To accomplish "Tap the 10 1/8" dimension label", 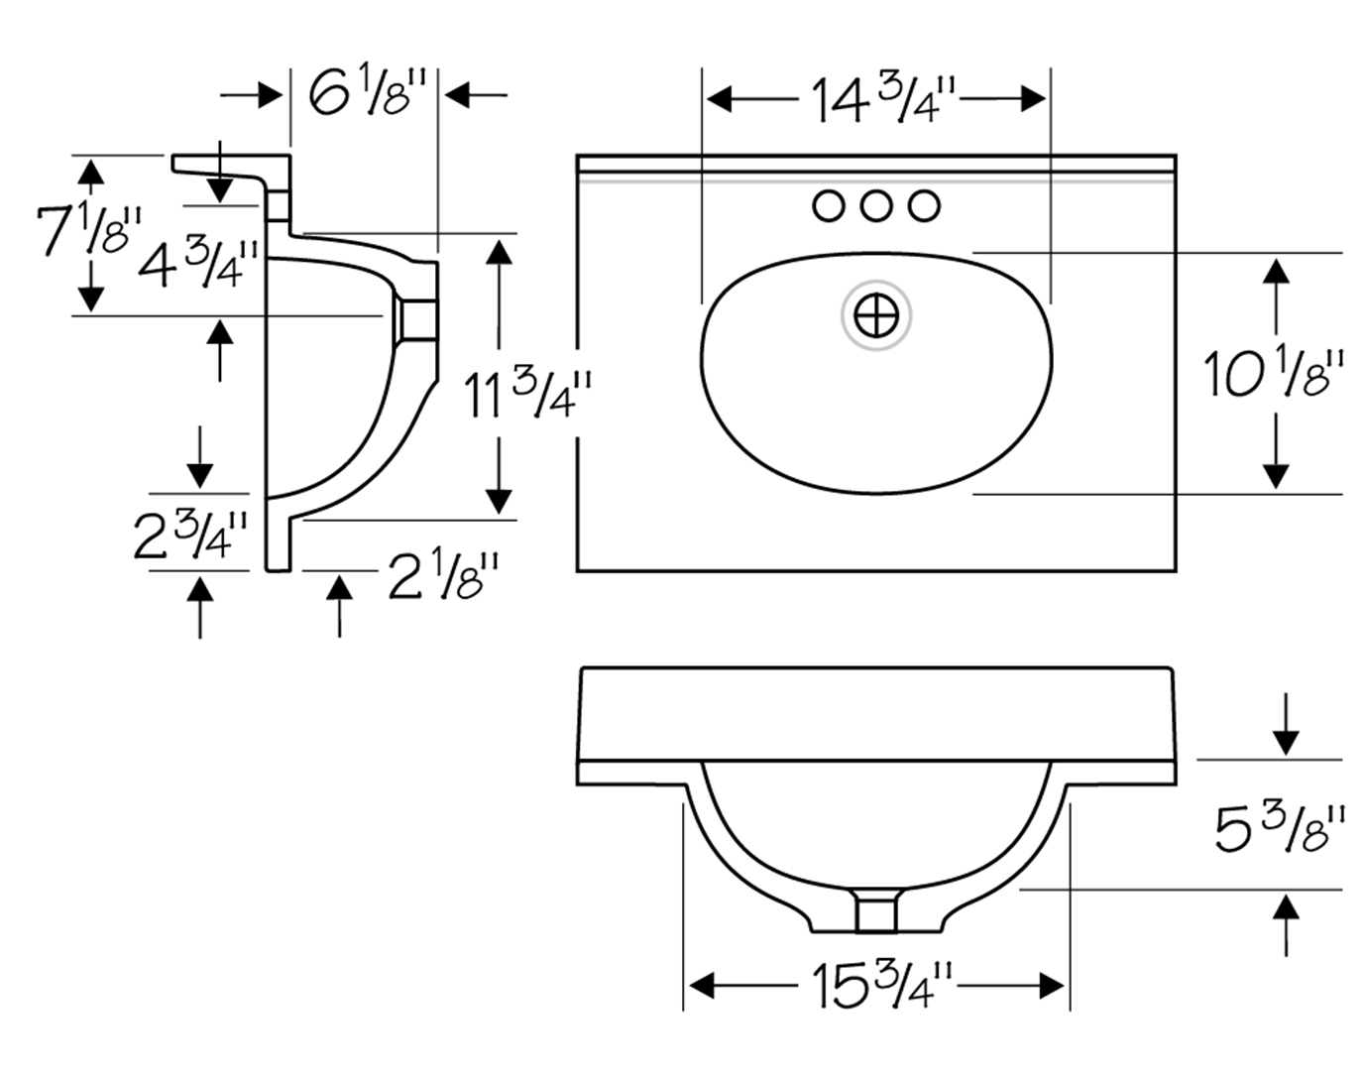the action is pyautogui.click(x=1273, y=374).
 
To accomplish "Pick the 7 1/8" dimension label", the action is pyautogui.click(x=88, y=229).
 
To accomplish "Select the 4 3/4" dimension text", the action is pyautogui.click(x=198, y=263).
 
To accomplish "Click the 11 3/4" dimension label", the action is pyautogui.click(x=527, y=395).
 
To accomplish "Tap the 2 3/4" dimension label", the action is pyautogui.click(x=190, y=537).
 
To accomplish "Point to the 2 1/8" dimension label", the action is pyautogui.click(x=443, y=575).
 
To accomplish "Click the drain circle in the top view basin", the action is pyautogui.click(x=876, y=315).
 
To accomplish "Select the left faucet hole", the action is pyautogui.click(x=829, y=206).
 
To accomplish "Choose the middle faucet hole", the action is pyautogui.click(x=876, y=206).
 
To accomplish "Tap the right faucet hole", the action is pyautogui.click(x=924, y=206).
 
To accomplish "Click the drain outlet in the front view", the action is pyautogui.click(x=876, y=910).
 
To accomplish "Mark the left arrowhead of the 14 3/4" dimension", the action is pyautogui.click(x=719, y=99).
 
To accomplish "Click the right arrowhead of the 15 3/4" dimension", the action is pyautogui.click(x=1052, y=986).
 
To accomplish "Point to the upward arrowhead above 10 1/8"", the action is pyautogui.click(x=1276, y=271).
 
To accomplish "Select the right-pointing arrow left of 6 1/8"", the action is pyautogui.click(x=251, y=96).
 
